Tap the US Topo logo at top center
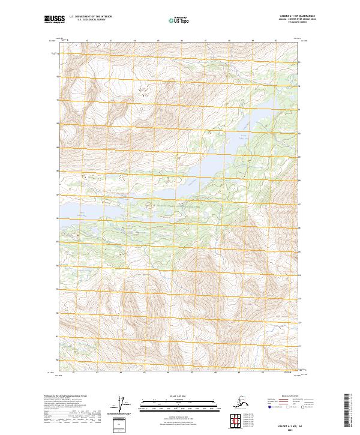(x=179, y=20)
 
